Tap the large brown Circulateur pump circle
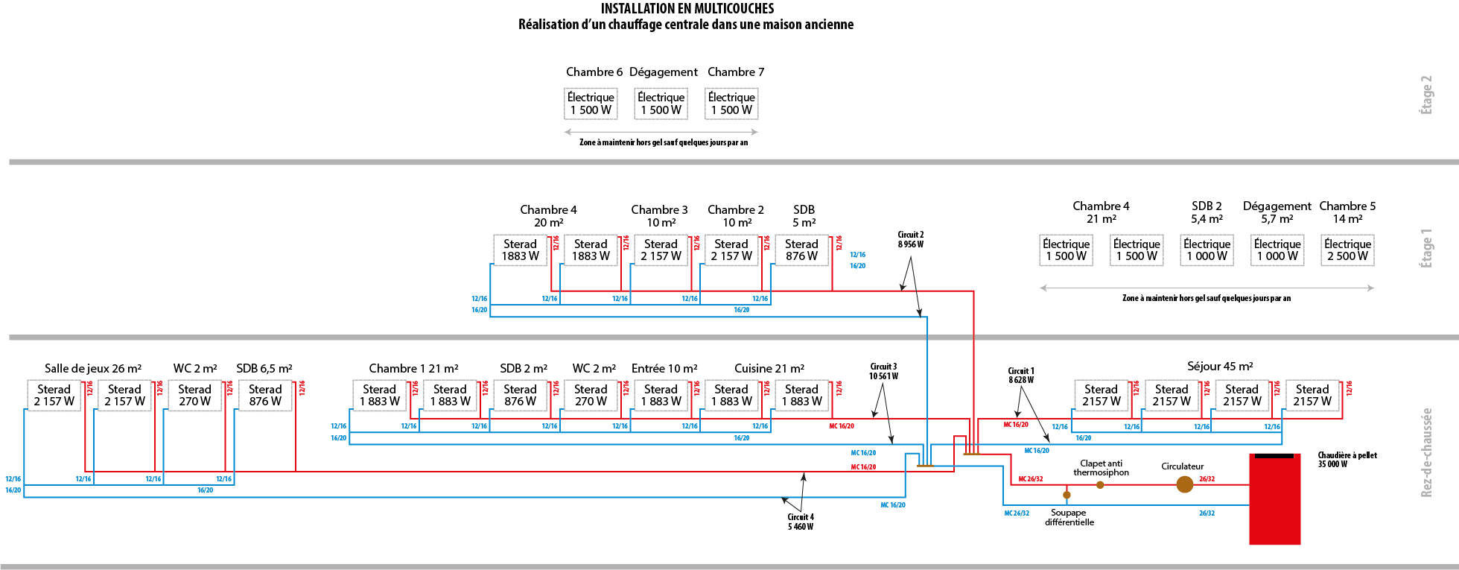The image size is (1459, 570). point(1184,484)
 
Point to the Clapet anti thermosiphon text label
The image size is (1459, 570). point(1101,468)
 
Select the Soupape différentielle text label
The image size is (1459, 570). point(1069,517)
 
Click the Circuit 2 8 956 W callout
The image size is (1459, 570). point(910,239)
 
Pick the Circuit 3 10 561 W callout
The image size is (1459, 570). point(883,371)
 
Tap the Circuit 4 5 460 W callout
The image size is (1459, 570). point(801,522)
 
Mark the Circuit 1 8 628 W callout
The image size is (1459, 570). point(1021,375)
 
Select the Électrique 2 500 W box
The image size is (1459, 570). point(1347,250)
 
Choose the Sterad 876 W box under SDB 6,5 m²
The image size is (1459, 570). point(265,395)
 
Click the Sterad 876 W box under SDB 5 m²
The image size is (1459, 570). point(801,250)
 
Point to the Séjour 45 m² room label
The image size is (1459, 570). point(1220,366)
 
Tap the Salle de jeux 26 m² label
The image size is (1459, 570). point(93,368)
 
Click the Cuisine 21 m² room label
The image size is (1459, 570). point(769,368)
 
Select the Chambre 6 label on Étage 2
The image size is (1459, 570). point(594,72)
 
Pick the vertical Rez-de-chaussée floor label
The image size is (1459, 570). point(1426,452)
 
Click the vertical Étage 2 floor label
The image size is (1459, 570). point(1426,95)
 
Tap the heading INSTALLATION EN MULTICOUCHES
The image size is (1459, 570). point(687,9)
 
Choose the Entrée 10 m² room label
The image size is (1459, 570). point(664,368)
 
